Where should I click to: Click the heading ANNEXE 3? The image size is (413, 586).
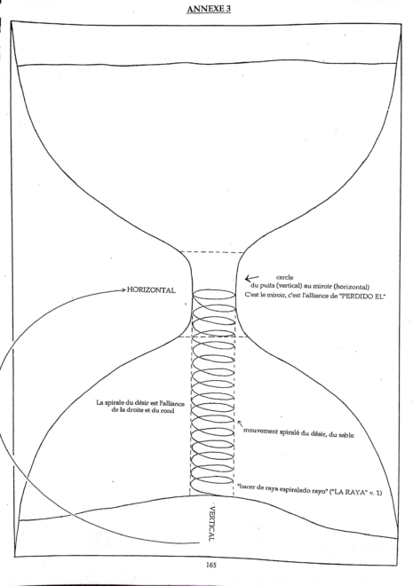[x=209, y=9]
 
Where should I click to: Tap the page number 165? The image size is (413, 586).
[x=210, y=565]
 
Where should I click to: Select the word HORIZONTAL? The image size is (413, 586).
[x=151, y=290]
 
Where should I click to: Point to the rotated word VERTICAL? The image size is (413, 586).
[x=211, y=524]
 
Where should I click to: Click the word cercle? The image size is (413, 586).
[x=284, y=277]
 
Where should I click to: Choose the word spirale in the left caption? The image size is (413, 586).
[x=114, y=403]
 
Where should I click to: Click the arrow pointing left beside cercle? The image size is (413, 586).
[x=252, y=278]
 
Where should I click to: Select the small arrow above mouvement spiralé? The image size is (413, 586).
[x=241, y=424]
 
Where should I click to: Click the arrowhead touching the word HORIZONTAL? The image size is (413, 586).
[x=123, y=289]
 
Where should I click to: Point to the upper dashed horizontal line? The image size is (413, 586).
[x=212, y=252]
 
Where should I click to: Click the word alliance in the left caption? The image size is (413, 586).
[x=172, y=403]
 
